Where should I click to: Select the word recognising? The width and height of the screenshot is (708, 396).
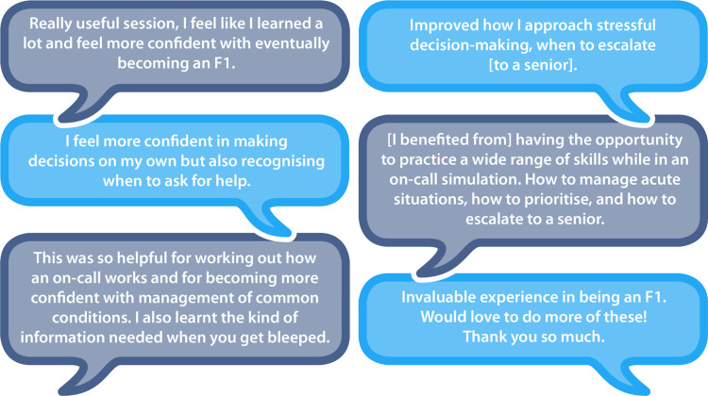[282, 161]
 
